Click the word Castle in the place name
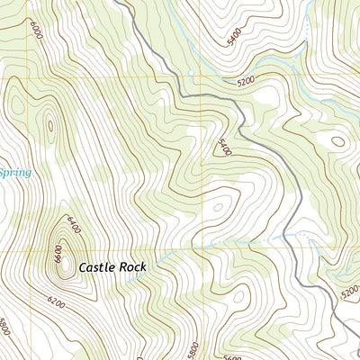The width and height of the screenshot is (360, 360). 98,267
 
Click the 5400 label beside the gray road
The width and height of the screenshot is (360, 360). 223,146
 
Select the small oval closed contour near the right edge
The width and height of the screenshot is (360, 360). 337,140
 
